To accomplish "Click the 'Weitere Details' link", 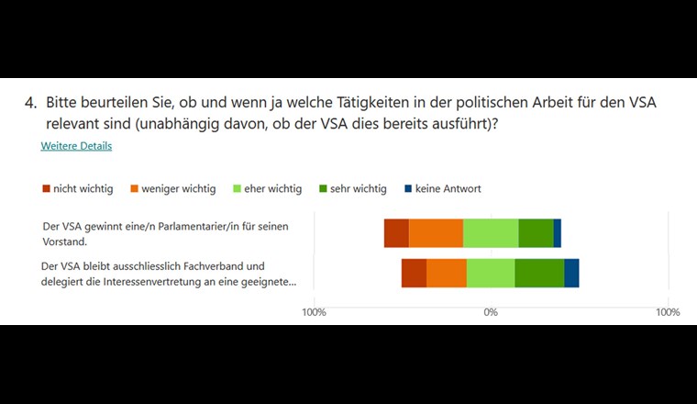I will (76, 146).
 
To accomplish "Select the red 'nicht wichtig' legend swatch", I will (46, 189).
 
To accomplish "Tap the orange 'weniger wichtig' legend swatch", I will (133, 189).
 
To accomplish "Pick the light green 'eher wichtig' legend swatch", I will (235, 189).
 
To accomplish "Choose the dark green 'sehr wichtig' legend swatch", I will (321, 189).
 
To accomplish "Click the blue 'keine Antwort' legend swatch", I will (406, 189).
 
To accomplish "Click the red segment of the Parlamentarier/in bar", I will (396, 233).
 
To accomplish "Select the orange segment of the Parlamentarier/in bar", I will (436, 233).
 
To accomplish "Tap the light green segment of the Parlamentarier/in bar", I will (491, 233).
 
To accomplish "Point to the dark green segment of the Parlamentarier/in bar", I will (536, 233).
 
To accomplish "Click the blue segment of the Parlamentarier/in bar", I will (557, 233).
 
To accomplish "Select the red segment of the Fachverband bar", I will (414, 273).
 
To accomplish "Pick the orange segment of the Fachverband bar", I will (447, 273).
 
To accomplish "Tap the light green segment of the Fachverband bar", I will (491, 273).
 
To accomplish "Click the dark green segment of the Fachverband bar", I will (539, 273).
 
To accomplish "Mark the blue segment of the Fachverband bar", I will (571, 273).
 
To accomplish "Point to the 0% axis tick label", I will (491, 312).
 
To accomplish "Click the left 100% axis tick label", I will (315, 312).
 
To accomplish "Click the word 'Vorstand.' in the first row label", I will (65, 242).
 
